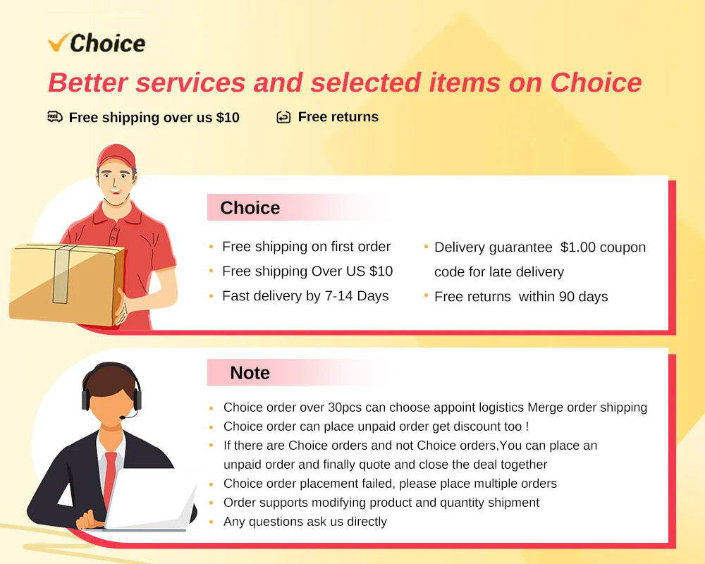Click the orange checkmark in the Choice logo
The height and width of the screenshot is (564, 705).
coord(59,42)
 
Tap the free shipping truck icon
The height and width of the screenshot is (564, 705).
coord(55,117)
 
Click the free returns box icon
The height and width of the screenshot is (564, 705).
coord(283,117)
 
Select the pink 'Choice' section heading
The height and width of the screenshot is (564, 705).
coord(250,208)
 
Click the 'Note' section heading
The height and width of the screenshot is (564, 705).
coord(250,373)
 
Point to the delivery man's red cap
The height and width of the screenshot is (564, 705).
coord(116,156)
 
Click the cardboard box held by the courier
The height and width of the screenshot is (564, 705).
coord(66,283)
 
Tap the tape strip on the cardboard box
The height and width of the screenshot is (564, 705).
coord(61,274)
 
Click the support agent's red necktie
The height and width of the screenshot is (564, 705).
coord(109,477)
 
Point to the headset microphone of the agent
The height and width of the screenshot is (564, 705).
coord(128,415)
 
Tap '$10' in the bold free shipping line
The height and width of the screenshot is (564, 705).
coord(228,118)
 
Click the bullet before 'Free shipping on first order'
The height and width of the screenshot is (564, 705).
coord(211,247)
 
